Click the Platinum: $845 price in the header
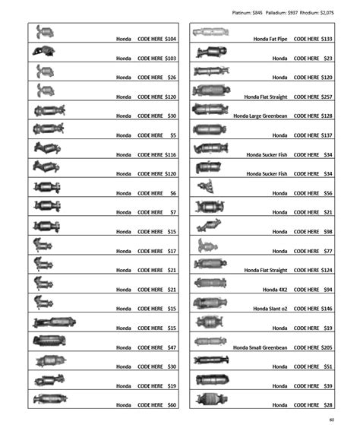(x=254, y=13)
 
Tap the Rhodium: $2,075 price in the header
(x=338, y=13)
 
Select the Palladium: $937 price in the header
(x=295, y=13)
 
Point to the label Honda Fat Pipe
(x=270, y=39)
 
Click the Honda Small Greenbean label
(x=261, y=347)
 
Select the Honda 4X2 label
(x=275, y=290)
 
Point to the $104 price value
(x=171, y=39)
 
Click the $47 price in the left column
(x=172, y=347)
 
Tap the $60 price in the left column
(x=172, y=405)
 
